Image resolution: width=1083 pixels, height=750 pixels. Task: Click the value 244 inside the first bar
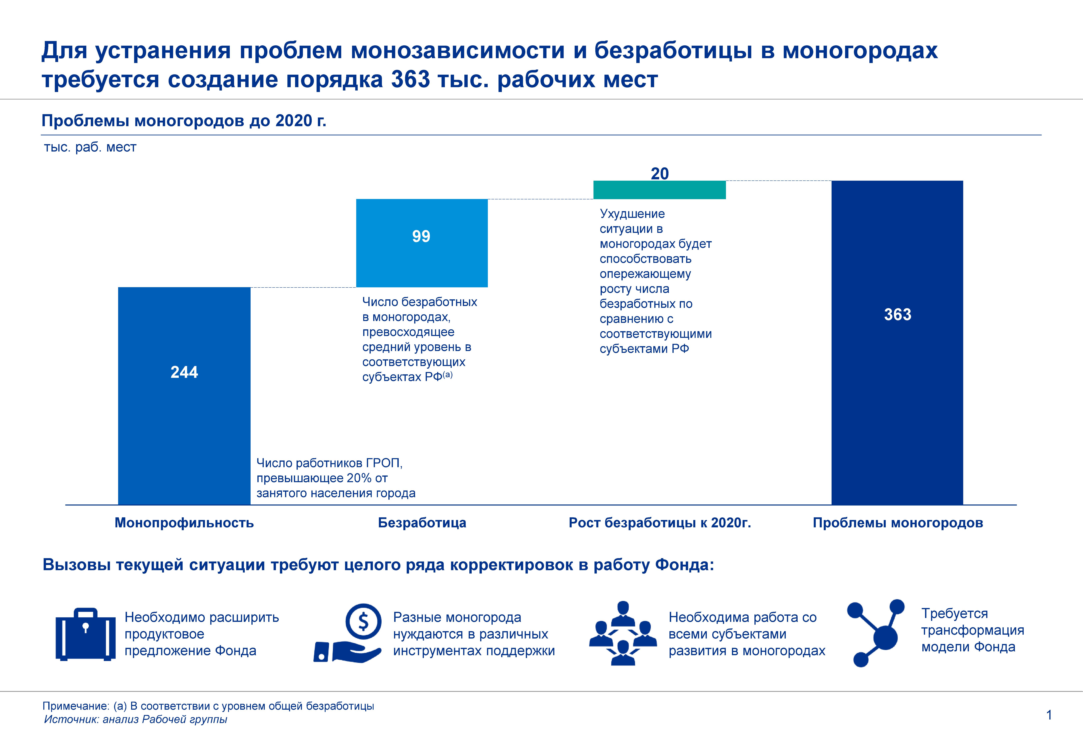tap(184, 372)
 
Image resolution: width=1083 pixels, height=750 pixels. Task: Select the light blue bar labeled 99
tap(422, 243)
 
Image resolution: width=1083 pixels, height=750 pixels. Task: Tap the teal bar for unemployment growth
tap(659, 190)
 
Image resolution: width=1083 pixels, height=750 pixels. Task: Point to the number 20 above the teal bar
tap(659, 173)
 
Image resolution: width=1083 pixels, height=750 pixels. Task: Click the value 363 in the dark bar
tap(898, 314)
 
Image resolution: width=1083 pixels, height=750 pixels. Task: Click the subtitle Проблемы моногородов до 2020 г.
tap(184, 121)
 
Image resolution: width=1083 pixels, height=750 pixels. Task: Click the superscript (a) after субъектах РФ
tap(448, 374)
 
